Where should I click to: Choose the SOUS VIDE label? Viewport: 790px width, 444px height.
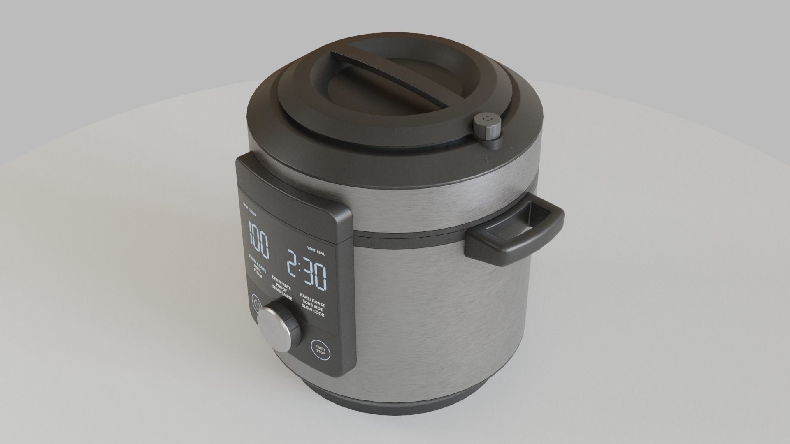coord(313,308)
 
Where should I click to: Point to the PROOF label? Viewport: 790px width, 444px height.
coord(282,288)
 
